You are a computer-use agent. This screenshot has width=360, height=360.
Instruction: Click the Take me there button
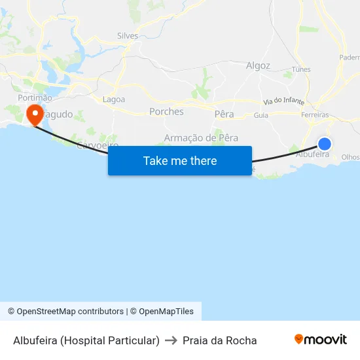180,160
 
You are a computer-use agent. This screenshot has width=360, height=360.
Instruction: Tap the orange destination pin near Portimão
34,115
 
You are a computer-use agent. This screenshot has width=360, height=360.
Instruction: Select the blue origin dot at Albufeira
324,144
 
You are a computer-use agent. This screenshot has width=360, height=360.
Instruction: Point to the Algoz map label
258,65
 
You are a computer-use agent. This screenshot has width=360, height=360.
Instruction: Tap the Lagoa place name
114,99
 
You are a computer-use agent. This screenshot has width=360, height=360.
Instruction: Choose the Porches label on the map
166,111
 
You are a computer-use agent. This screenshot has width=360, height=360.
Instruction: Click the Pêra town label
224,114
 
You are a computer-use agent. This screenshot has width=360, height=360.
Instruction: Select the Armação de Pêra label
201,137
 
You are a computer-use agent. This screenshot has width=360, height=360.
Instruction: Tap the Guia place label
261,115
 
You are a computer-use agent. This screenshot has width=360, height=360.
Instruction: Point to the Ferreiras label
315,115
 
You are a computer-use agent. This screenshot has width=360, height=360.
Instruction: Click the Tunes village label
301,69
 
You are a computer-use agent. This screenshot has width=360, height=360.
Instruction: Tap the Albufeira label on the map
313,154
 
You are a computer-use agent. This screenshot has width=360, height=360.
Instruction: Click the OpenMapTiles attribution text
166,312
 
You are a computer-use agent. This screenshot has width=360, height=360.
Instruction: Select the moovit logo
321,340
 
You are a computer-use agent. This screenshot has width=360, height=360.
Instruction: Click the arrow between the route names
171,340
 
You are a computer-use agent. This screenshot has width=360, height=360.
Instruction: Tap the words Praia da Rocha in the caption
220,340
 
